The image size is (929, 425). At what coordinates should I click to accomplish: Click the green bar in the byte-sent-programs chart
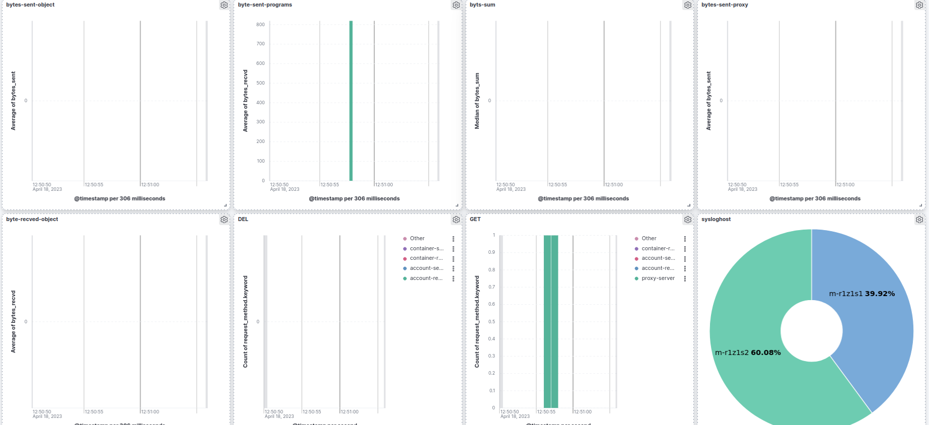pyautogui.click(x=351, y=101)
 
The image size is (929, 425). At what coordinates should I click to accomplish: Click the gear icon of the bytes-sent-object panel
pyautogui.click(x=224, y=5)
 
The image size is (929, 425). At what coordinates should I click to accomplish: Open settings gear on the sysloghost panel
pyautogui.click(x=919, y=220)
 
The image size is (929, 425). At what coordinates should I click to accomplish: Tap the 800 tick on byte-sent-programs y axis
pyautogui.click(x=260, y=25)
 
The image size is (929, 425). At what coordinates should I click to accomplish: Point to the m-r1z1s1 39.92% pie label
pyautogui.click(x=862, y=294)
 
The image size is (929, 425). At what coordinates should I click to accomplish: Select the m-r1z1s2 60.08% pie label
pyautogui.click(x=748, y=352)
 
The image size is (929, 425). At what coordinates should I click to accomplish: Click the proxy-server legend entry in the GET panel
pyautogui.click(x=658, y=278)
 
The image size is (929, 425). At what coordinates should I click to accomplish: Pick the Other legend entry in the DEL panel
pyautogui.click(x=417, y=239)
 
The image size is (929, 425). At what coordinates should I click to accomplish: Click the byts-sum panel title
pyautogui.click(x=482, y=5)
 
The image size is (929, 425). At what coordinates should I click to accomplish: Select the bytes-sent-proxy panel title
pyautogui.click(x=725, y=5)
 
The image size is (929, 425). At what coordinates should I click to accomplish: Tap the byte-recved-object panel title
pyautogui.click(x=32, y=220)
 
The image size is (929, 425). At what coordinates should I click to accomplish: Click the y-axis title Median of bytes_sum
pyautogui.click(x=477, y=101)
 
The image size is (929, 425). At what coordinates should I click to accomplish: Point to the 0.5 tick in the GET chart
pyautogui.click(x=491, y=322)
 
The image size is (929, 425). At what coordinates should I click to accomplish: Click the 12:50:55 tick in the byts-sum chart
pyautogui.click(x=557, y=185)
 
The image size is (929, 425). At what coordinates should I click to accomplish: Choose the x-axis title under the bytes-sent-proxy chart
pyautogui.click(x=815, y=199)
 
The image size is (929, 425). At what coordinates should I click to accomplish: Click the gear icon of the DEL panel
pyautogui.click(x=456, y=220)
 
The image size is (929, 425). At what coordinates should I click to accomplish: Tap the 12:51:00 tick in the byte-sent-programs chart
pyautogui.click(x=384, y=185)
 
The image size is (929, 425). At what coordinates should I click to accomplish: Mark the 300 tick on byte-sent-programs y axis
pyautogui.click(x=260, y=122)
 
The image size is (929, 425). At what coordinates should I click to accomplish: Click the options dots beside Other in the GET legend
pyautogui.click(x=685, y=239)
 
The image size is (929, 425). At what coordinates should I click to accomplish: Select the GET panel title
pyautogui.click(x=475, y=220)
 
